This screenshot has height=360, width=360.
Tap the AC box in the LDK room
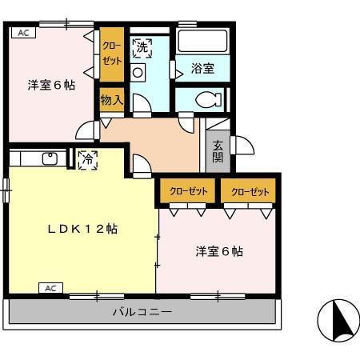pos(50,287)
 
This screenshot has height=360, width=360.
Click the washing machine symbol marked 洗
pos(142,47)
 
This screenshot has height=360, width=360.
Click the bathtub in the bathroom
pos(202,42)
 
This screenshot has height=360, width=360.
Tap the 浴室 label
pos(202,69)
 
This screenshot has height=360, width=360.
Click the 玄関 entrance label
pos(218,151)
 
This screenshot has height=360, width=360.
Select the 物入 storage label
pos(111,100)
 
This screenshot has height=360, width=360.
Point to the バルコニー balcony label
pos(142,312)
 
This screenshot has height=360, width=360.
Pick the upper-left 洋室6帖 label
pos(51,84)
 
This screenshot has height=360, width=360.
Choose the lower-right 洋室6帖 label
pos(219,251)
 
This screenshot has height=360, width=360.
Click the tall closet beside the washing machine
pos(111,55)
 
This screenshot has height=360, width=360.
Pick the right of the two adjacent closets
pos(249,191)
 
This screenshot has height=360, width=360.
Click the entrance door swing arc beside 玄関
pos(242,145)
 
